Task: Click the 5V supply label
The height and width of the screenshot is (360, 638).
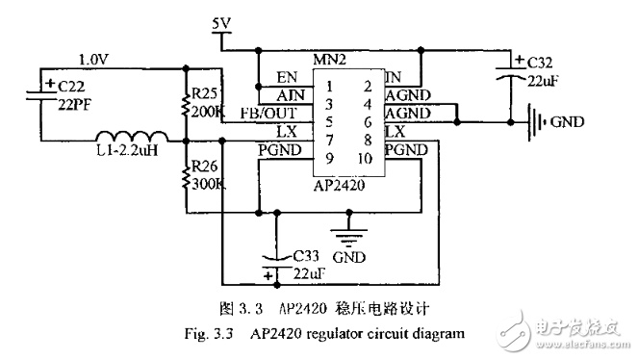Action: pos(221,24)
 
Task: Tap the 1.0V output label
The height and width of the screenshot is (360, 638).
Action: pos(93,60)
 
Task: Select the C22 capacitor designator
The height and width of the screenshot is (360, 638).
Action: pos(71,87)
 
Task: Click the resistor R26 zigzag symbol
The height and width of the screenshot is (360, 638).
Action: pos(186,178)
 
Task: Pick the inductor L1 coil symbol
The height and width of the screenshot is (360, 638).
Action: pos(132,137)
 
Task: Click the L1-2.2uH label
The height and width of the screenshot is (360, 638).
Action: pos(127,150)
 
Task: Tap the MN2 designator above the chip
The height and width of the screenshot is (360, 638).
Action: pos(329,60)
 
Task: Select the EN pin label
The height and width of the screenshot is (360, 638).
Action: pos(287,77)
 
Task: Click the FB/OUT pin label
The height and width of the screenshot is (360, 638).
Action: pos(268,113)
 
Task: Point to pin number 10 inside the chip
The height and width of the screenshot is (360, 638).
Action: pos(365,158)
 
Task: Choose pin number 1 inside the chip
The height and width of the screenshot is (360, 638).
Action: pos(329,87)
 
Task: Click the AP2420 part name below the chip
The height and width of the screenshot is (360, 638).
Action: pos(339,186)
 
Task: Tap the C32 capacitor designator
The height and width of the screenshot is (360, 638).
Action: pos(540,63)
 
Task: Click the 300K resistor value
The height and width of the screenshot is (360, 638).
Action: pos(208,184)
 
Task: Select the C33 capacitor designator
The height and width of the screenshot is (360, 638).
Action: pos(306,256)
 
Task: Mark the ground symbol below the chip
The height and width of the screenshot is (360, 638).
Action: pos(348,237)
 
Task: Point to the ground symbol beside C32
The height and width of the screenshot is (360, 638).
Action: pos(537,122)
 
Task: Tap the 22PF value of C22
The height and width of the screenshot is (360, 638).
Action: pos(75,105)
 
